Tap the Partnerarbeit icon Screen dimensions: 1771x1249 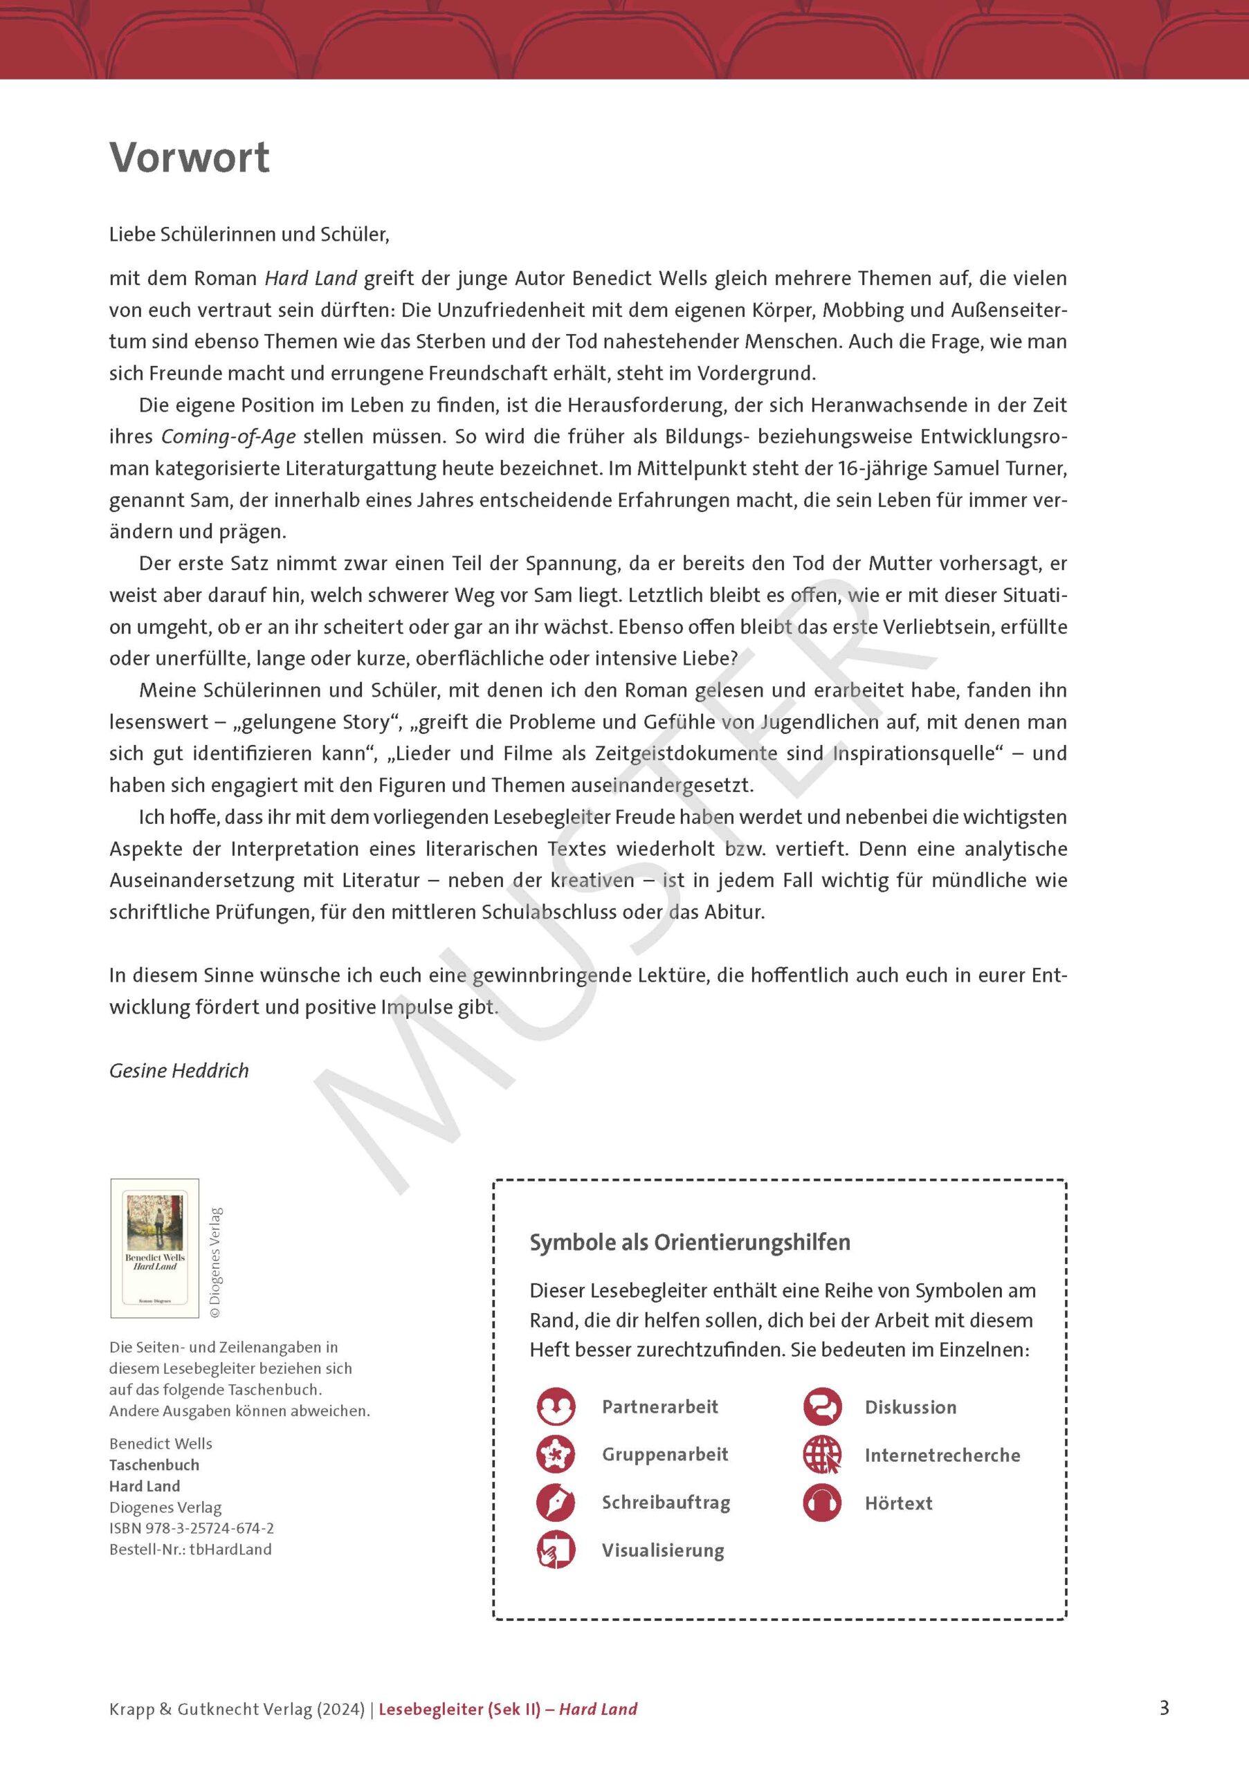click(x=556, y=1406)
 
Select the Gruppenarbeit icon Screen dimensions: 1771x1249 click(x=556, y=1454)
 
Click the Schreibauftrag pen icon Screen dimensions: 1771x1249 click(x=556, y=1502)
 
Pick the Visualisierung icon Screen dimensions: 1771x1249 click(x=556, y=1550)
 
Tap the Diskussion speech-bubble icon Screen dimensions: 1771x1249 click(x=822, y=1406)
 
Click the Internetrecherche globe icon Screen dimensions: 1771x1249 click(x=822, y=1455)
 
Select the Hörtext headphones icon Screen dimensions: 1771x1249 click(x=822, y=1503)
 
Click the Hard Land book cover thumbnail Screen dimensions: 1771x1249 click(x=155, y=1248)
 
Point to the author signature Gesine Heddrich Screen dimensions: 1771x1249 click(x=179, y=1071)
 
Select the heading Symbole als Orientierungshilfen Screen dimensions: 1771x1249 click(x=690, y=1242)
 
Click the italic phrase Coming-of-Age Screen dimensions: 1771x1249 click(x=228, y=437)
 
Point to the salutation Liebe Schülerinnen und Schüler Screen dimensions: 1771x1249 click(x=249, y=234)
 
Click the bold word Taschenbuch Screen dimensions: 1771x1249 click(x=154, y=1465)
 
